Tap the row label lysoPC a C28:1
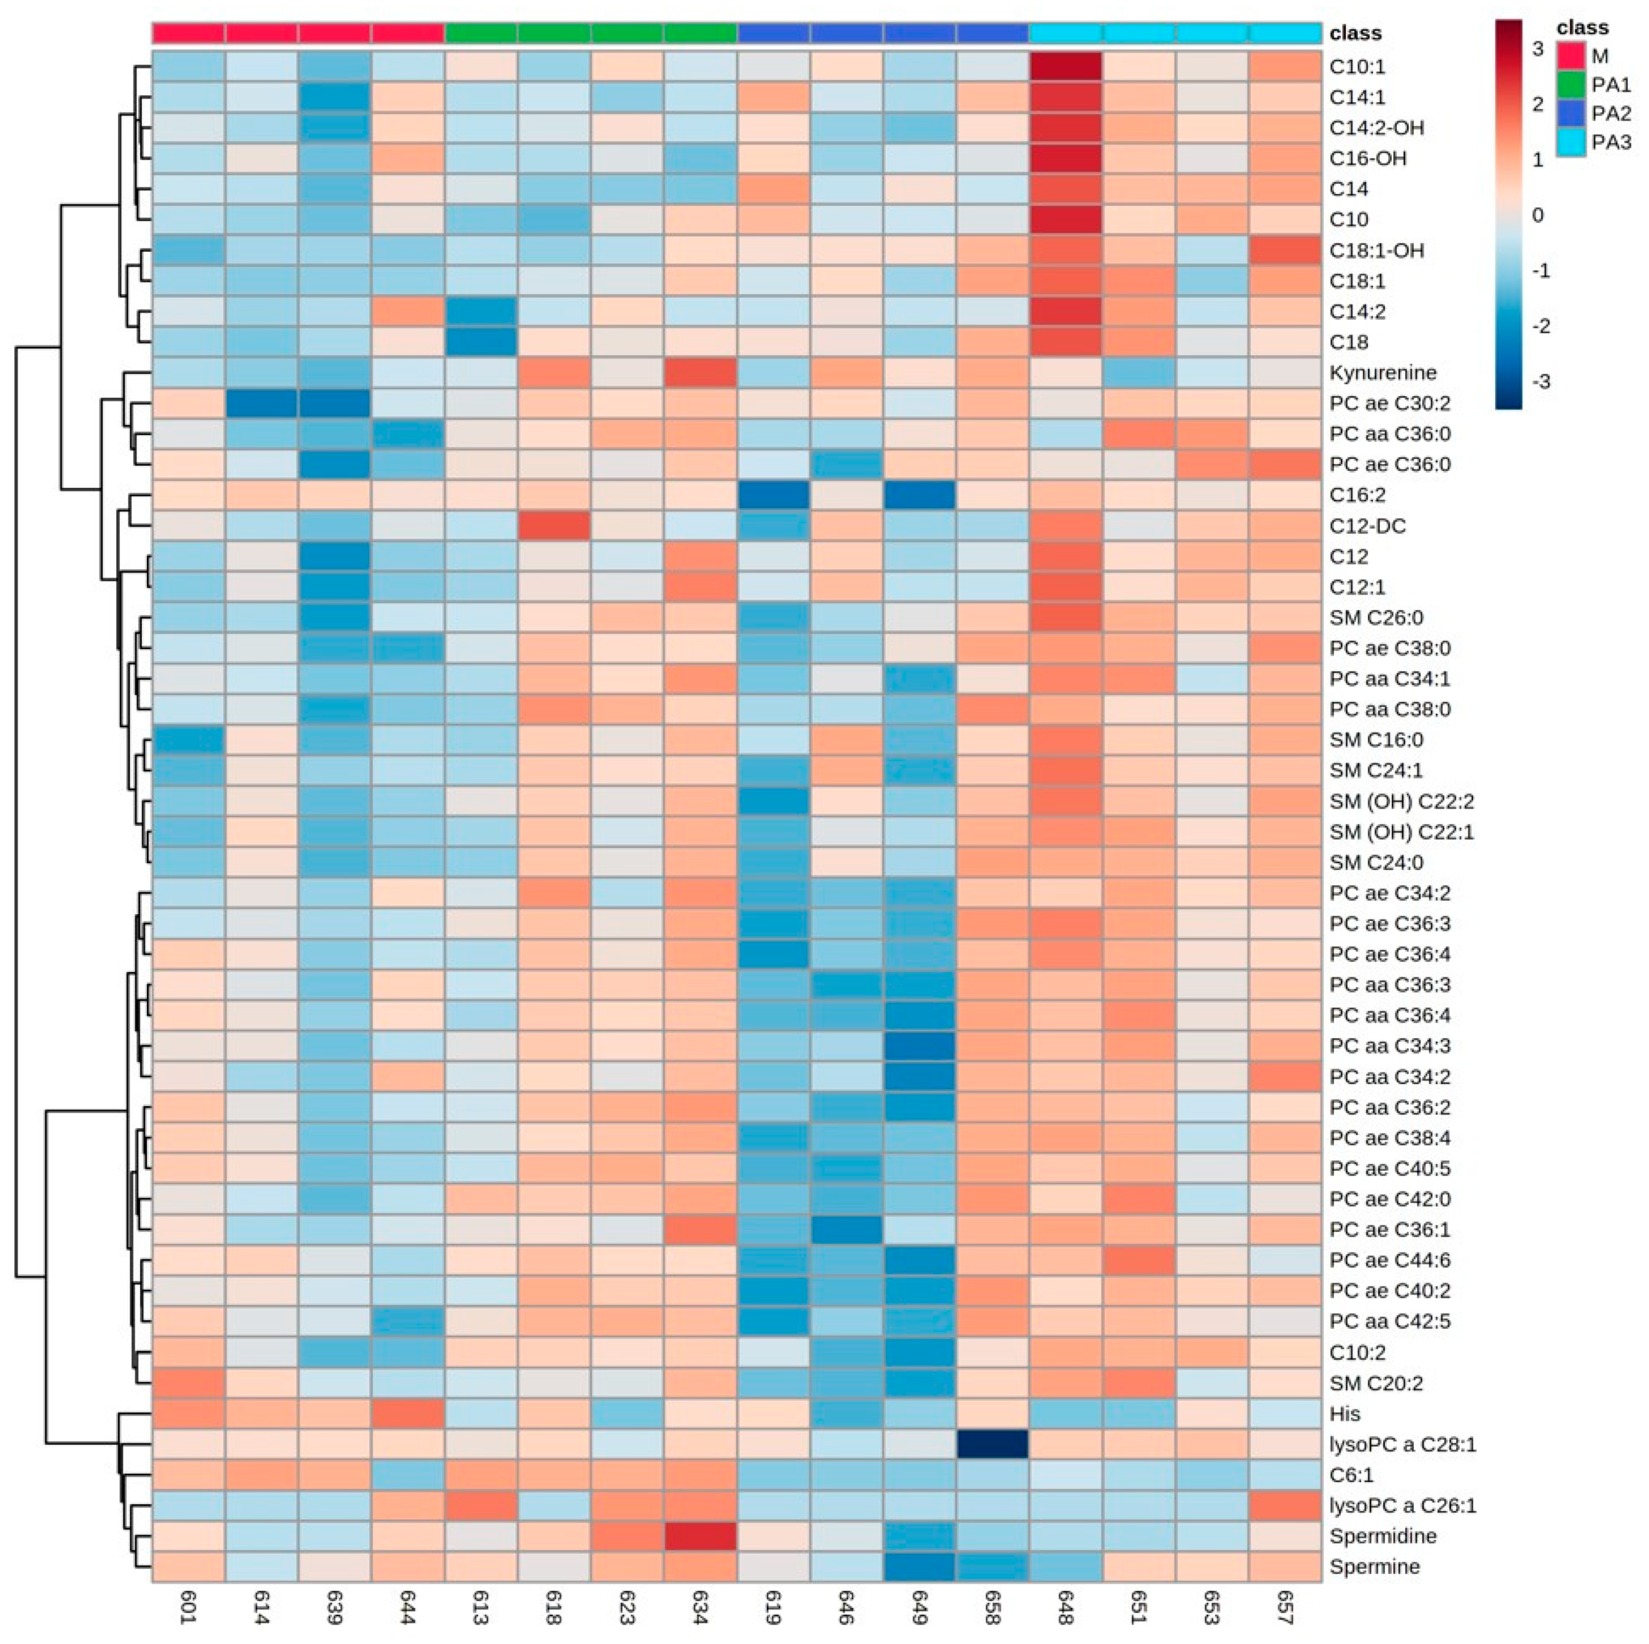point(1402,1444)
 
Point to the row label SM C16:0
point(1376,740)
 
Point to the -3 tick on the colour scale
point(1541,381)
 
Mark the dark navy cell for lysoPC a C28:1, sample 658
point(993,1444)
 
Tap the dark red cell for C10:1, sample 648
point(1066,67)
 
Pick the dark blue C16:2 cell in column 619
point(774,495)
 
